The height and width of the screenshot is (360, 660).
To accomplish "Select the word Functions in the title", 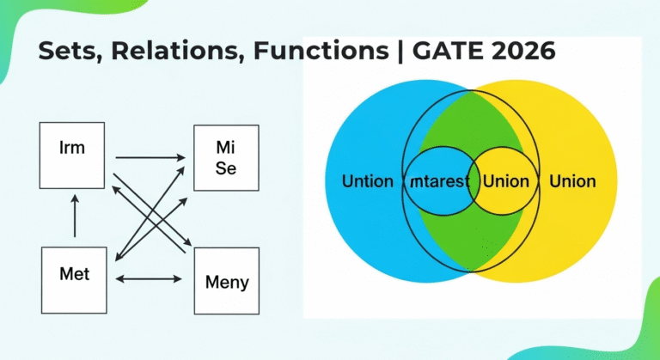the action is (321, 51).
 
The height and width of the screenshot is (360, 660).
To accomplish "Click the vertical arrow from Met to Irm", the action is (75, 216).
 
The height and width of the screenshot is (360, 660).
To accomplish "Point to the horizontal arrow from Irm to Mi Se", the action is (150, 158).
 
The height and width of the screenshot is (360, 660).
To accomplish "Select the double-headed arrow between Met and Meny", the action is (149, 278).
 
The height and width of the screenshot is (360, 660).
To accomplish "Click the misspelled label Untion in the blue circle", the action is (368, 181).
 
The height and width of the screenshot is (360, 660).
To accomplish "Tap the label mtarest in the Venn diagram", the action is (439, 181).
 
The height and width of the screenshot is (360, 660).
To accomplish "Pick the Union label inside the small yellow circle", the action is (506, 181).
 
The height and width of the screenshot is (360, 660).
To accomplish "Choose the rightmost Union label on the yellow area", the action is (573, 181).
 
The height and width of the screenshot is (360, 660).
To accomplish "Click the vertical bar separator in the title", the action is (400, 52).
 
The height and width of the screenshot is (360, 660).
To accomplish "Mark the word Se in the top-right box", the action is (226, 168).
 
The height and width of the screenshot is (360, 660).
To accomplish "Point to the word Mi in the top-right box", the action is (226, 148).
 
